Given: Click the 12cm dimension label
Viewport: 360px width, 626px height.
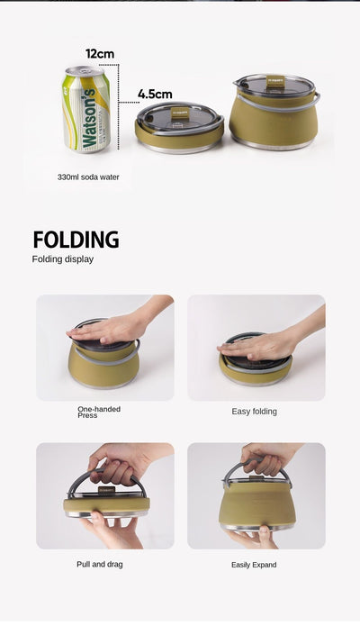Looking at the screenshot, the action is click(100, 53).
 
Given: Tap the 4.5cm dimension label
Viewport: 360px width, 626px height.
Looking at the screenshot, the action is click(155, 95).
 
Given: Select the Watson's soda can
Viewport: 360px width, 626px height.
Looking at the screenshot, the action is click(85, 109).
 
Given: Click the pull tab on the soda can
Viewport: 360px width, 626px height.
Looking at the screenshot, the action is click(85, 70).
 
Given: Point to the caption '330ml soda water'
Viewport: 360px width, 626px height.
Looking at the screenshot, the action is click(88, 177).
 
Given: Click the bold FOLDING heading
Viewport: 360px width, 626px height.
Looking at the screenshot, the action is click(76, 240).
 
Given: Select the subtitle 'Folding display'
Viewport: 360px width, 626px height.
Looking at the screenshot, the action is click(63, 259).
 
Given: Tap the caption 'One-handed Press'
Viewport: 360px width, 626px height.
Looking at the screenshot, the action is click(99, 412).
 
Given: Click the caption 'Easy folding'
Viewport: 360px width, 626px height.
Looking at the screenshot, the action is click(254, 412).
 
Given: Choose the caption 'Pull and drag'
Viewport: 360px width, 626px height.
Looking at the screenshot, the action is click(100, 564).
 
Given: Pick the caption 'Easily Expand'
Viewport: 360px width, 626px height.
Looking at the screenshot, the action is click(254, 565).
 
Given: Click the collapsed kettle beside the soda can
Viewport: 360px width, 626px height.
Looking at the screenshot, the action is click(179, 128).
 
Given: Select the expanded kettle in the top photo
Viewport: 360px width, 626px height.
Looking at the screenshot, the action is click(274, 112).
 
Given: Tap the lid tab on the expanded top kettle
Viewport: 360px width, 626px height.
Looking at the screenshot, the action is click(275, 81).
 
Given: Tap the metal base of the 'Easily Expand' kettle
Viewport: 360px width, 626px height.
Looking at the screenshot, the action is click(257, 527).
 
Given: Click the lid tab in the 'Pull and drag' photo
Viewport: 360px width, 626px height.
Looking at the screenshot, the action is click(106, 490).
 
